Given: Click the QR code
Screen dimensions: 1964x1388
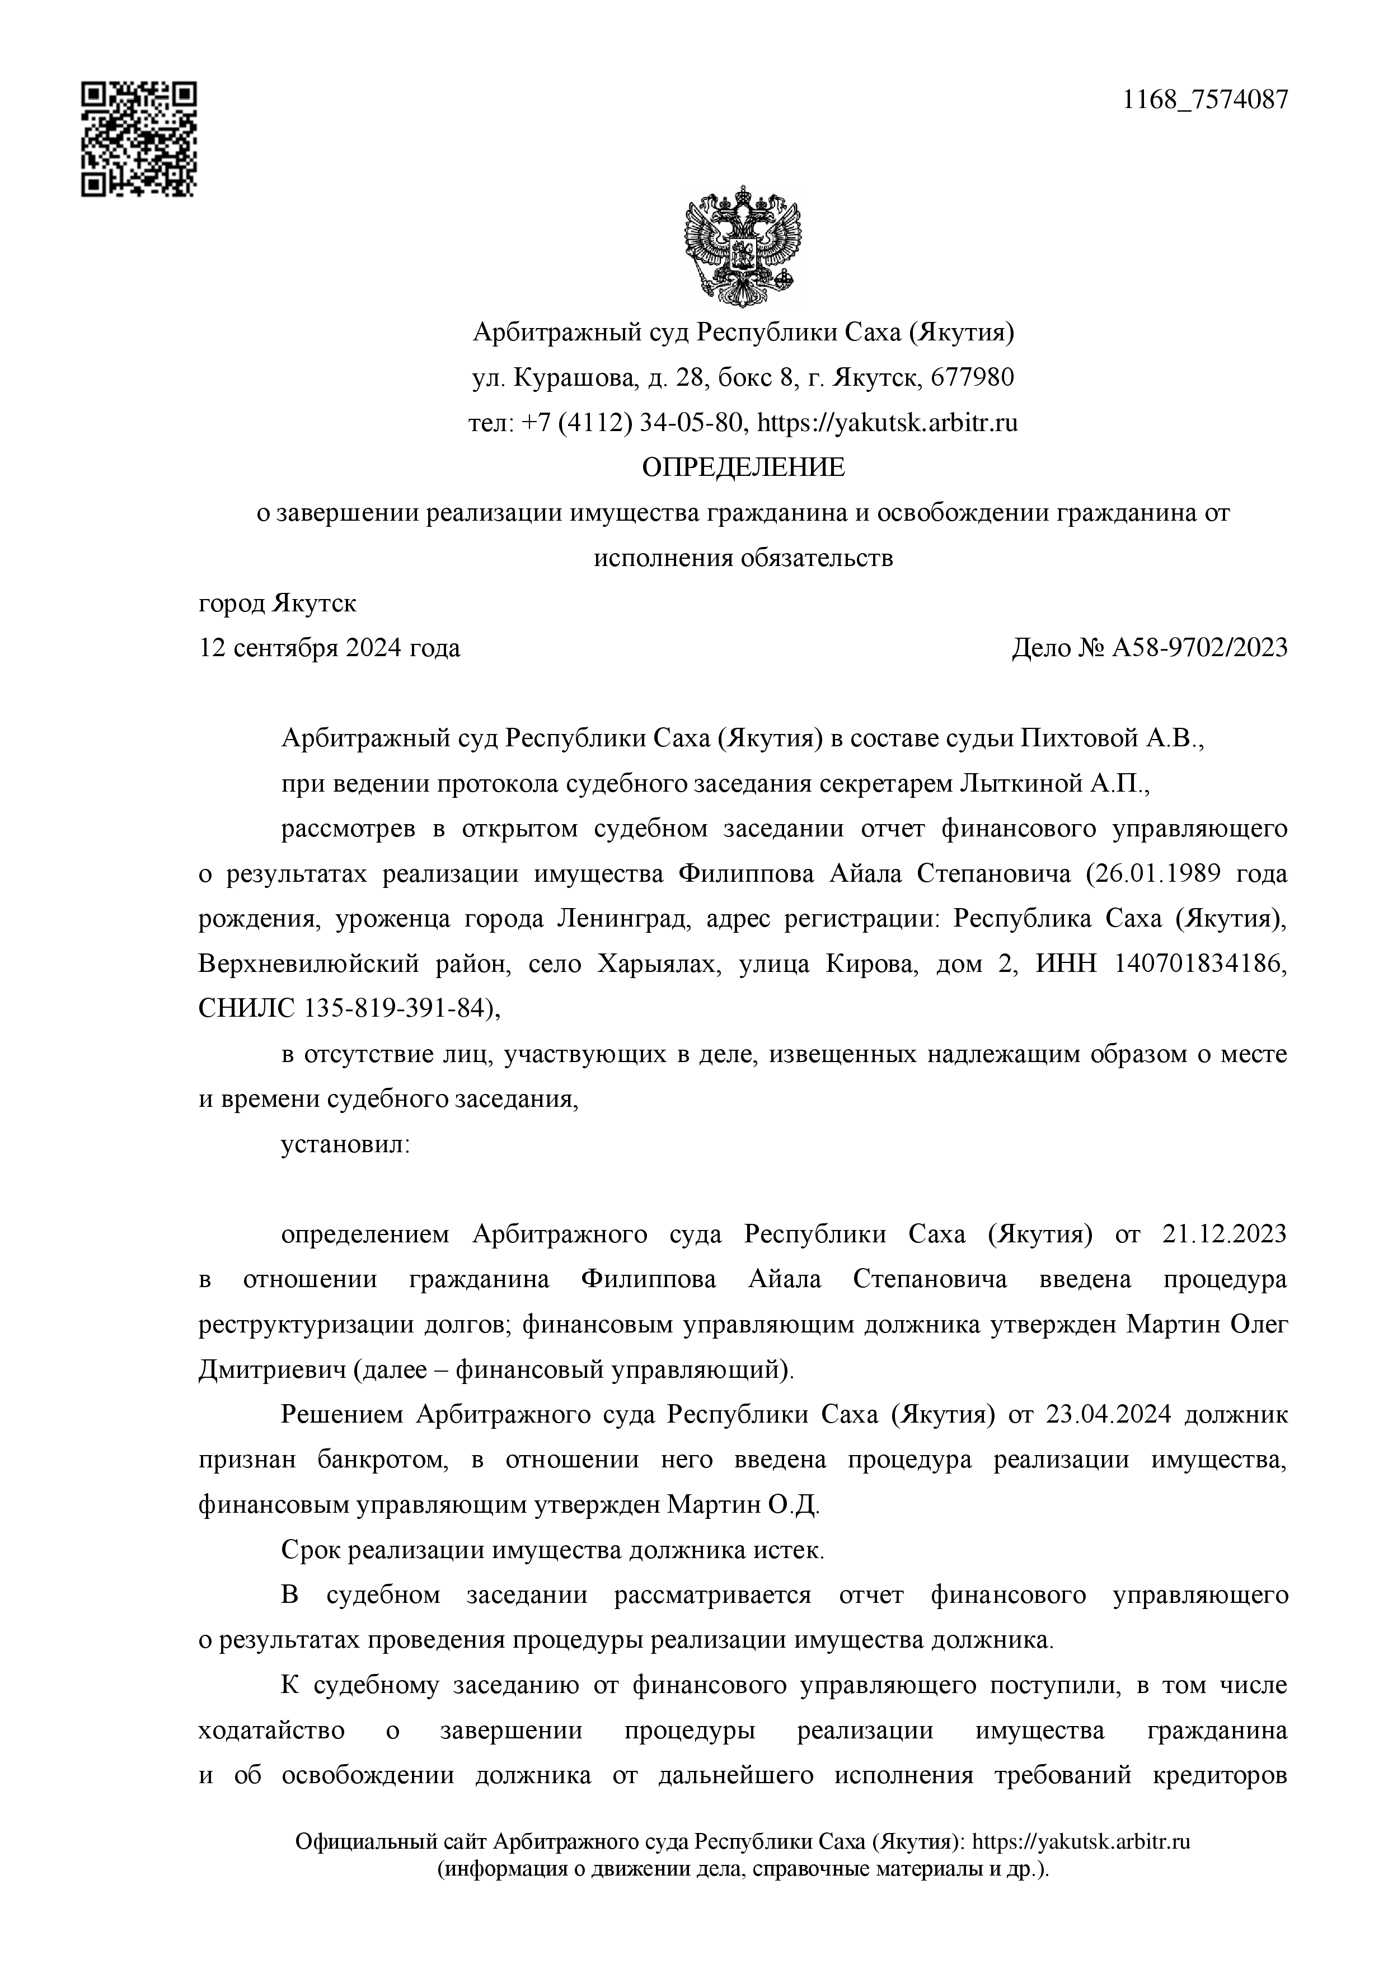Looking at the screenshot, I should [139, 139].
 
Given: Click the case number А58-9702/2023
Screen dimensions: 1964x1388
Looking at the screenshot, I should [1199, 648].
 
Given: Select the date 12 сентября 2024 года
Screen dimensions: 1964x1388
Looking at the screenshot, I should [329, 648].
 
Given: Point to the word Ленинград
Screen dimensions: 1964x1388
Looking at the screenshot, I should [622, 919].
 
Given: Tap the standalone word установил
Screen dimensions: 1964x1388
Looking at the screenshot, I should [345, 1144].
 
